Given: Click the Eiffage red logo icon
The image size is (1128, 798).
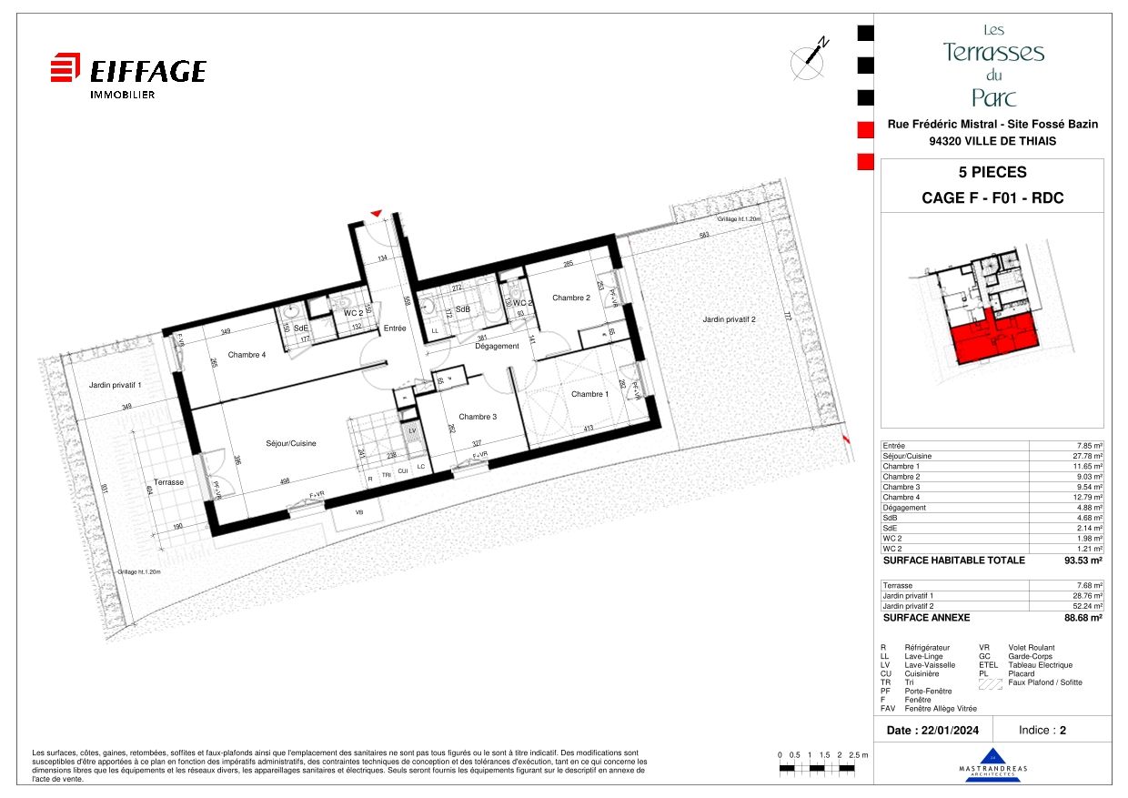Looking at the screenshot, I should click(x=65, y=69).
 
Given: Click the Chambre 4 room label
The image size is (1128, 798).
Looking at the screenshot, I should click(x=247, y=355).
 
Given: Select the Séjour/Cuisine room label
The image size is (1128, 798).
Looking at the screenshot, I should click(x=291, y=443).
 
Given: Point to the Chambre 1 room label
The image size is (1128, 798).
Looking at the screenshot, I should click(x=589, y=394).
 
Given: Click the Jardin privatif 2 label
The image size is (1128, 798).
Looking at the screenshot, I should click(x=729, y=319).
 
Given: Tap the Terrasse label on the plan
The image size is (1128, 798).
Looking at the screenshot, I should click(x=168, y=482).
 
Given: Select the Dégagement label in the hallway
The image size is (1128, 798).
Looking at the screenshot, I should click(x=497, y=346).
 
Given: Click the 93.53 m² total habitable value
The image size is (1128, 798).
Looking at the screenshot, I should click(x=1085, y=561).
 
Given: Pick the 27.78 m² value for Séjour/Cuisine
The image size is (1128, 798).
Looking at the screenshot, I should click(x=1086, y=456).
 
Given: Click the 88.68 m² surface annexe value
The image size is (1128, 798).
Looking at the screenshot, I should click(x=1084, y=618).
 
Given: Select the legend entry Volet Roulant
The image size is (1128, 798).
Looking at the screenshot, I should click(x=1030, y=647).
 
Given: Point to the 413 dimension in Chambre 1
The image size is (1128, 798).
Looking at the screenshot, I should click(x=589, y=428).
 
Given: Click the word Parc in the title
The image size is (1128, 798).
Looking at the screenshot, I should click(x=993, y=97).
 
